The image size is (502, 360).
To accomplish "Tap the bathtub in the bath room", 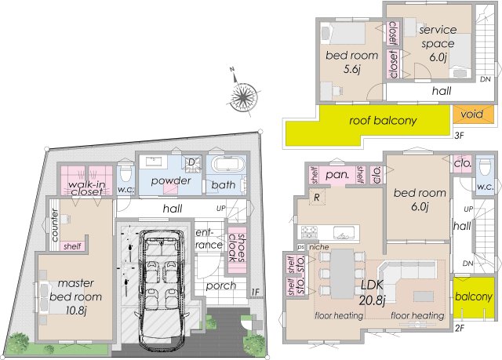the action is point(229,165).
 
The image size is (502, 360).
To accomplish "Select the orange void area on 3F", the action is point(473,115).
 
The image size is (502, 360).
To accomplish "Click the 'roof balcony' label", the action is point(383,121).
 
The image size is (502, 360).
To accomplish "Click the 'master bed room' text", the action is point(75,290).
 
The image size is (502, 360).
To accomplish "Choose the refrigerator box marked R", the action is point(317,197).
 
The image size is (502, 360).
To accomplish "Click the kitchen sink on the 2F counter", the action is point(344,232).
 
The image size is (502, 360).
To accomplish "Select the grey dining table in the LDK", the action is point(342,274).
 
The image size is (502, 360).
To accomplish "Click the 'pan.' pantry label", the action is point(336,175).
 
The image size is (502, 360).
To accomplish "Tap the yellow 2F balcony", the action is point(474,297).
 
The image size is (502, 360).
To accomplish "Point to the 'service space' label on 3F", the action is point(438,37).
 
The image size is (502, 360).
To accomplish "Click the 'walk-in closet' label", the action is point(86,188).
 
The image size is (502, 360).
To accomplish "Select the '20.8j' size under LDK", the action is point(372,300).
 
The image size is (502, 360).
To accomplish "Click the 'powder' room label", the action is point(171,181).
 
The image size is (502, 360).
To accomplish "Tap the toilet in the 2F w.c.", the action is point(485,167).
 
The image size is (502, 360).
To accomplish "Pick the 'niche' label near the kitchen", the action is point(319,247).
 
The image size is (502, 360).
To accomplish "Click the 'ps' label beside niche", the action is point(300,247).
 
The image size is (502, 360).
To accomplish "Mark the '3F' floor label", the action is point(460,136).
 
